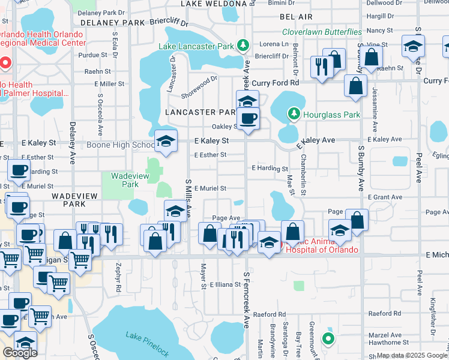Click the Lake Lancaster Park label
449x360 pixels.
197,46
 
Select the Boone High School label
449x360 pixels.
121,145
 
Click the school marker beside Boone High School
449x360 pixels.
166,142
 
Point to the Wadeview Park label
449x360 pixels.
125,180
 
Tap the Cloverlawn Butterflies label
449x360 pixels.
322,32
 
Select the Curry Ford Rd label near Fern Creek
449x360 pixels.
275,82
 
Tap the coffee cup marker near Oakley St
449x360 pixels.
248,119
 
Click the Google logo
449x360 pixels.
20,353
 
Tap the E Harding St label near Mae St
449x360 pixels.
270,169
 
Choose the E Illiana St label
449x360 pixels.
225,284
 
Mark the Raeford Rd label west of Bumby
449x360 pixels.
268,314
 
